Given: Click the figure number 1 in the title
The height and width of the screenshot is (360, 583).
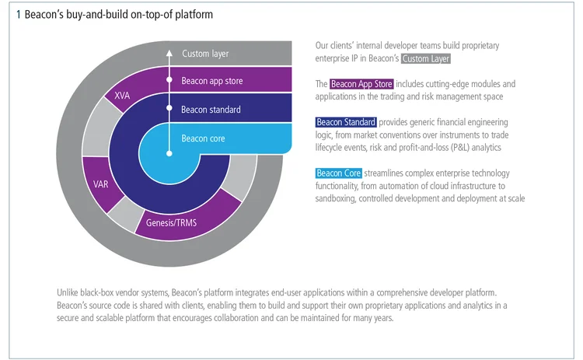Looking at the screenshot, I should pyautogui.click(x=18, y=15).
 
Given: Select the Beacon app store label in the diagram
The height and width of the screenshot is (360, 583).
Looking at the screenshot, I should pyautogui.click(x=212, y=80).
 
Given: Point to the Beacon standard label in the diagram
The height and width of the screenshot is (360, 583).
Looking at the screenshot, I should pyautogui.click(x=211, y=110).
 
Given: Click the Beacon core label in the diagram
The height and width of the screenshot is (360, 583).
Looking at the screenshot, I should pyautogui.click(x=203, y=138).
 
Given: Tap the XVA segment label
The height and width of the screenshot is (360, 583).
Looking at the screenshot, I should pyautogui.click(x=122, y=96).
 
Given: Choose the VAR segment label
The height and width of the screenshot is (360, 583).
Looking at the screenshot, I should pyautogui.click(x=100, y=185).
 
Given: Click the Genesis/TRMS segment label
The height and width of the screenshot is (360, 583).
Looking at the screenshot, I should pyautogui.click(x=171, y=222).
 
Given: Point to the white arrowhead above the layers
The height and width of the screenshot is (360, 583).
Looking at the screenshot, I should pyautogui.click(x=168, y=52).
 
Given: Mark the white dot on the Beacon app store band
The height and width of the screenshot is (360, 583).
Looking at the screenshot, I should pyautogui.click(x=168, y=80).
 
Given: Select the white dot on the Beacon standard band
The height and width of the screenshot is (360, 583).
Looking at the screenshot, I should pyautogui.click(x=168, y=110).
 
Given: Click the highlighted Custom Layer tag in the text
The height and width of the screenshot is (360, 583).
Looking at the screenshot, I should pyautogui.click(x=426, y=58).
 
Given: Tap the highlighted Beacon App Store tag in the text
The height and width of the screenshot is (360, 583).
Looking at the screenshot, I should pyautogui.click(x=361, y=84).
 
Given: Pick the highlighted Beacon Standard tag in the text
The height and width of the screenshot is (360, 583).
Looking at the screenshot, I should pyautogui.click(x=346, y=122).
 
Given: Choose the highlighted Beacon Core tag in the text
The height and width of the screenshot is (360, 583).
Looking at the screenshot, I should pyautogui.click(x=338, y=173).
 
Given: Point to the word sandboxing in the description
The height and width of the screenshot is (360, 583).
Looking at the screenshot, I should pyautogui.click(x=338, y=198).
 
